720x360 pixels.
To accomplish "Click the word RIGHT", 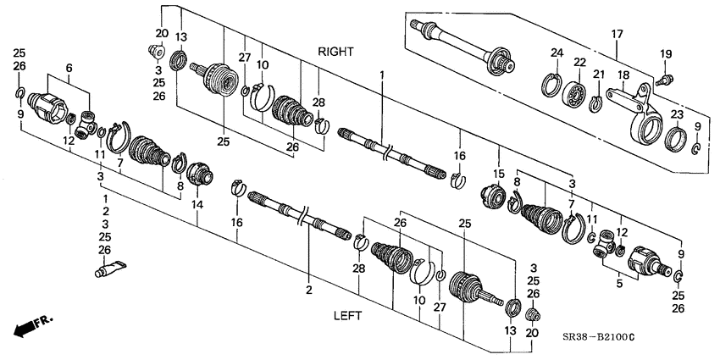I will click(335, 52).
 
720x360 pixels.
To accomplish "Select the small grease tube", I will click(108, 271).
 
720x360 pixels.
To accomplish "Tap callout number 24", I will click(556, 53).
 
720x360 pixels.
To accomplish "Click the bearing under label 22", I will click(578, 92).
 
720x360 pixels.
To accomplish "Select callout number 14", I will click(197, 204).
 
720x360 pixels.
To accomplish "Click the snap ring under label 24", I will click(552, 86).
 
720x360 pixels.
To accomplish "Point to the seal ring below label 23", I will click(676, 136).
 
